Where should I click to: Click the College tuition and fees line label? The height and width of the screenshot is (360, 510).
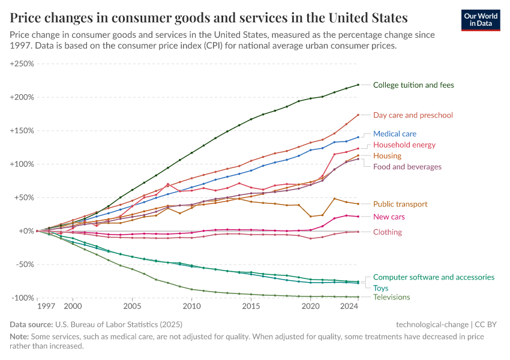point(413,85)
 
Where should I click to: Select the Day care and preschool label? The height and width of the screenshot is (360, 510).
point(413,115)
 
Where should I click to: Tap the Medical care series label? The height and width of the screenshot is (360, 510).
point(394,134)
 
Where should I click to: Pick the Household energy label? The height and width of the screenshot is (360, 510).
point(404,145)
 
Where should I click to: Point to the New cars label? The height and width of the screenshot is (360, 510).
point(389,217)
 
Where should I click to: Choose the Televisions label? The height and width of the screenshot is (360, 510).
point(391,297)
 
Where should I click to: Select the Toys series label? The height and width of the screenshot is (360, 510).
point(381,288)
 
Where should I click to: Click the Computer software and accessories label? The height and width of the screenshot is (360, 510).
point(433,277)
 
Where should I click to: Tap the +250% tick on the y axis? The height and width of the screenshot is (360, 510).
point(22,64)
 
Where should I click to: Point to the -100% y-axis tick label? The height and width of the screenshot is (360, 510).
point(23,298)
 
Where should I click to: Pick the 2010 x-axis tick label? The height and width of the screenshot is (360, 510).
point(191,306)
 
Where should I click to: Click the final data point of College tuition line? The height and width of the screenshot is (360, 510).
point(358,85)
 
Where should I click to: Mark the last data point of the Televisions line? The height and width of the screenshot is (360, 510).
point(358,297)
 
